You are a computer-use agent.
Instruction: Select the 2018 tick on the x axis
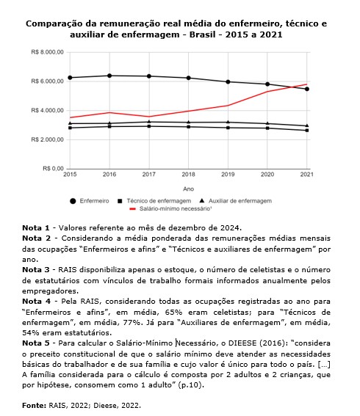point(188,175)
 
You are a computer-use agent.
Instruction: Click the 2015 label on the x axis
point(70,175)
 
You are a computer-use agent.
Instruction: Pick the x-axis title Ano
point(188,188)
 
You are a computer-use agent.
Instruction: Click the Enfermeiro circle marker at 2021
point(307,89)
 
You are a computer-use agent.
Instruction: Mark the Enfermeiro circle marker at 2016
point(109,76)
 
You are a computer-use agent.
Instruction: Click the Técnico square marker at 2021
point(307,131)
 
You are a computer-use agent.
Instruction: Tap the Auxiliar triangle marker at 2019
point(228,122)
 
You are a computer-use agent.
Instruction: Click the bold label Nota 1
point(35,228)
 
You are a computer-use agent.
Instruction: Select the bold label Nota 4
point(35,301)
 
